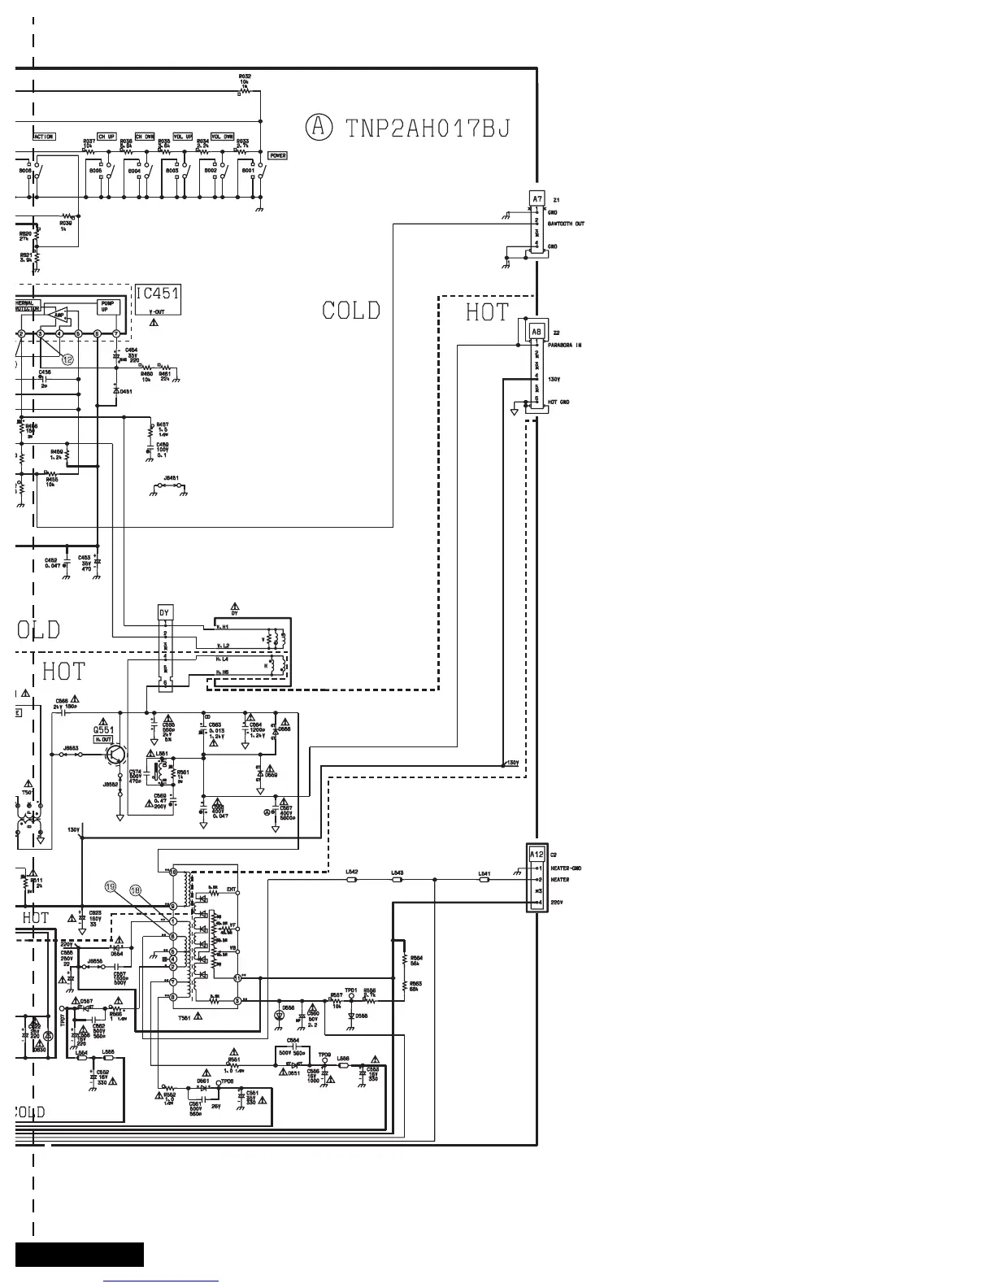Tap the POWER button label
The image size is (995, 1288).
coord(278,155)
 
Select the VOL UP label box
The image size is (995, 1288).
coord(183,137)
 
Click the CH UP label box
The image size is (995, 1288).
coord(106,137)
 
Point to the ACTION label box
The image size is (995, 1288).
coord(44,137)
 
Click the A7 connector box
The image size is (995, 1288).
coord(537,199)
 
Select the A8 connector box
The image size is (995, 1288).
coord(537,332)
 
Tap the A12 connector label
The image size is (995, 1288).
coord(537,855)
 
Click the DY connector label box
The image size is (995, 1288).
coord(164,612)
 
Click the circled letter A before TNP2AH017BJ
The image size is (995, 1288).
coord(319,127)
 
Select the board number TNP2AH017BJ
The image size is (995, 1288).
coord(428,128)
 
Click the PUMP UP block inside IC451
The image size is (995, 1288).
coord(107,307)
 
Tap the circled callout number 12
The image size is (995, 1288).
coord(67,359)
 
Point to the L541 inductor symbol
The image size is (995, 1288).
coord(484,880)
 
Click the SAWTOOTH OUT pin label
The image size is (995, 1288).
coord(566,224)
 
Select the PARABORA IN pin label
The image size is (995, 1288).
coord(565,346)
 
